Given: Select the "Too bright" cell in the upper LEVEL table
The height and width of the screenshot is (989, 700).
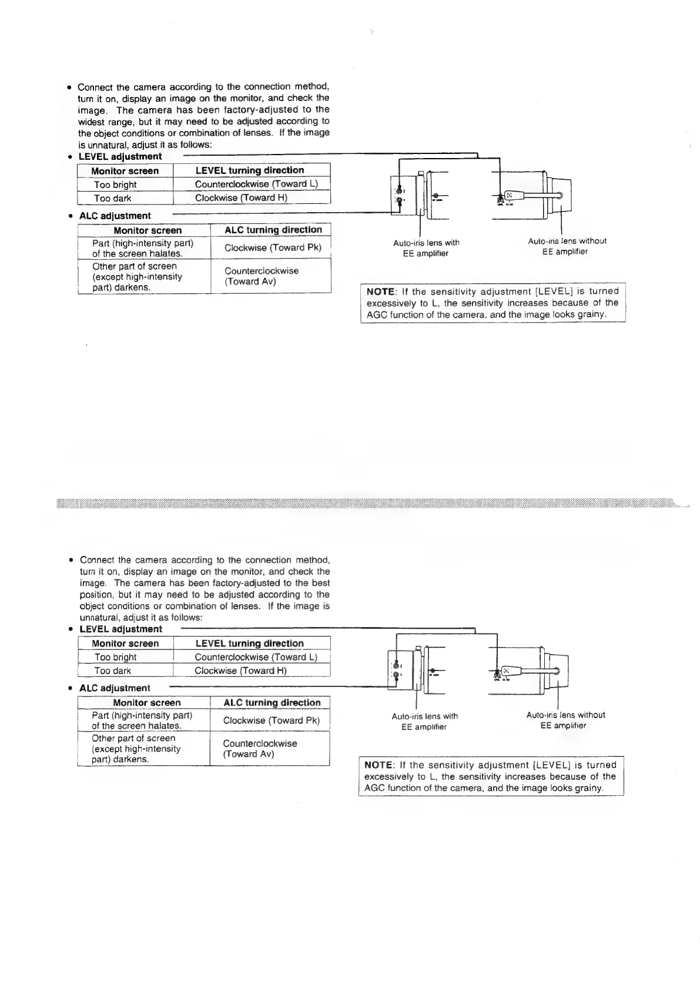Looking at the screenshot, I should (115, 185).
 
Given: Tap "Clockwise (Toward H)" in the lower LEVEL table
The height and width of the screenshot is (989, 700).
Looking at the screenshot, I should (240, 670).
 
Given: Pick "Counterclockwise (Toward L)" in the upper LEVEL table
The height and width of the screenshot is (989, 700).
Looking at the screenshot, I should (256, 184).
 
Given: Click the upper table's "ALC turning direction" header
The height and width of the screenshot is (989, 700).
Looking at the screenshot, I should (273, 230).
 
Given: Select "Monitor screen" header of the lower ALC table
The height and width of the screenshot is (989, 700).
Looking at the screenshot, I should (147, 703).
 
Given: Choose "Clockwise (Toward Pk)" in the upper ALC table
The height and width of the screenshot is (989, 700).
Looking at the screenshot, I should (273, 247).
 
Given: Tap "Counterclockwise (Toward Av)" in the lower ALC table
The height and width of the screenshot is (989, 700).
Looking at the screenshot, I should (260, 749).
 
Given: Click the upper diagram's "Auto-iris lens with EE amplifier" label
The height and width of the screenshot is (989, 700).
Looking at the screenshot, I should (426, 248).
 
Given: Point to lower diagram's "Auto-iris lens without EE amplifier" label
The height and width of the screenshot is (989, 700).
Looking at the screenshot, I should (565, 720).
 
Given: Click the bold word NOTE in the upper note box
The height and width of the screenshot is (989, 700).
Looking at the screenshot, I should (381, 291).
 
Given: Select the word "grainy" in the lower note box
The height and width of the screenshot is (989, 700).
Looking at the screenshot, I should (588, 788).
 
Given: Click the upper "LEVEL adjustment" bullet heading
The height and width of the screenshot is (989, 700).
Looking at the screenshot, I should (120, 157).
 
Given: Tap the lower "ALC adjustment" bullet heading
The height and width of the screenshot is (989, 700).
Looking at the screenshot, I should (115, 688).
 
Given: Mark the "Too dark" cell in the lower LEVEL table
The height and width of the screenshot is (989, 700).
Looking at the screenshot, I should (112, 671).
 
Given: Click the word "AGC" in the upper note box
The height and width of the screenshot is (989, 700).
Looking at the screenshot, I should (376, 315).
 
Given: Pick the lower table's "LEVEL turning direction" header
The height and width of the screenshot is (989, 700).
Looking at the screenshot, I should (249, 643).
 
